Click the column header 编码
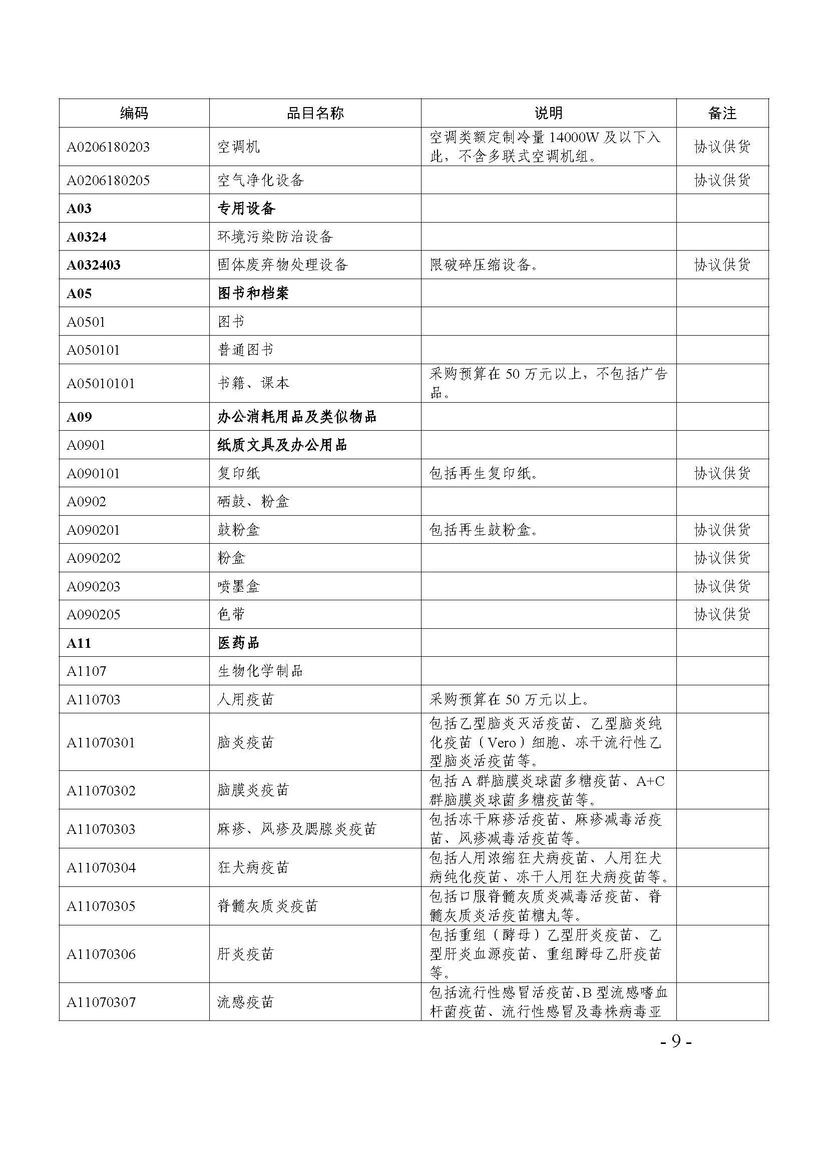coord(134,113)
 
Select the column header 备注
coord(722,113)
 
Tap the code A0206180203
coord(108,147)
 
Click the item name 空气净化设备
coord(260,180)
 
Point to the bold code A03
coord(79,209)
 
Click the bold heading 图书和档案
coord(253,293)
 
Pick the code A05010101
coord(101,383)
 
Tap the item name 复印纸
coord(239,473)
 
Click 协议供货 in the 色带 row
coord(722,615)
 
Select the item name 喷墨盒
coord(239,587)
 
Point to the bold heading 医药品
coord(239,643)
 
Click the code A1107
coord(87,671)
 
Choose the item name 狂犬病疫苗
coord(253,867)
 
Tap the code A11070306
coord(101,954)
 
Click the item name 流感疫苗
coord(246,1002)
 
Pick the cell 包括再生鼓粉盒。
coord(484,530)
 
